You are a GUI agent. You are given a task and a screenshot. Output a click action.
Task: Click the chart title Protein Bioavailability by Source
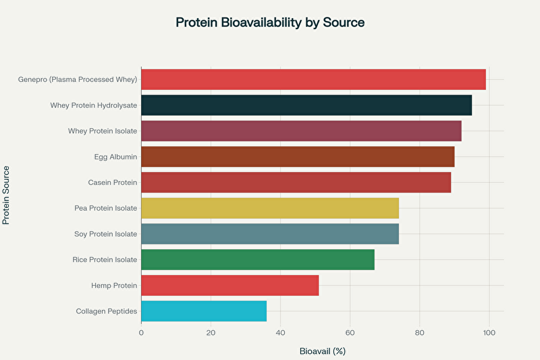click(270, 22)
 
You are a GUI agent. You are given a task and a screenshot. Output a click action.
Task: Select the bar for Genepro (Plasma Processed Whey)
click(313, 80)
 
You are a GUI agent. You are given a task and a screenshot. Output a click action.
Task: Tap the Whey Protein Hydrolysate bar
click(306, 105)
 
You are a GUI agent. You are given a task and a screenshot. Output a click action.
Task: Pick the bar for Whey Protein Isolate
click(301, 131)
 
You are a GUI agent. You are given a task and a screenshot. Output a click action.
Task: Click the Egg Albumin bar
click(298, 157)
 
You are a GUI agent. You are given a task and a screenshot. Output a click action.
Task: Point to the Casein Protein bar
click(296, 182)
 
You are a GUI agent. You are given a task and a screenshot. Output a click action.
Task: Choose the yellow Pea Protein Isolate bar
click(270, 208)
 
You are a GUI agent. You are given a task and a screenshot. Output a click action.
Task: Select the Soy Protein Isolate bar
click(270, 234)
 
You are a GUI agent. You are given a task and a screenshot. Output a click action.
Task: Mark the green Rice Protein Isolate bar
click(258, 259)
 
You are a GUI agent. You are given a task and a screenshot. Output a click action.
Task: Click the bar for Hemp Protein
click(230, 285)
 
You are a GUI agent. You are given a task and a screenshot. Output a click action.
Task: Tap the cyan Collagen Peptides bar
click(204, 311)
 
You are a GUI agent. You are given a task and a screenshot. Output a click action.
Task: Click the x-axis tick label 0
click(141, 332)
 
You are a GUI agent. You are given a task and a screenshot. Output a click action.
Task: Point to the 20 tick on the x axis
click(211, 332)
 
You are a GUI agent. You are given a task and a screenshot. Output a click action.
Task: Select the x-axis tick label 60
click(350, 332)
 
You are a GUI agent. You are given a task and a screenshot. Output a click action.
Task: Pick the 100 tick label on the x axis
click(489, 332)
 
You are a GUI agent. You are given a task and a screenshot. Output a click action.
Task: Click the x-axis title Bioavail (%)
click(322, 351)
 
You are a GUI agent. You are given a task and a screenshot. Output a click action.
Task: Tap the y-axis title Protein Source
click(7, 195)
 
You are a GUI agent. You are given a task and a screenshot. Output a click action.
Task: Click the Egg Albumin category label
click(116, 157)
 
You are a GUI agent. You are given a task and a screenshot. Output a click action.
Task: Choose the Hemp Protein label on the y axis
click(114, 285)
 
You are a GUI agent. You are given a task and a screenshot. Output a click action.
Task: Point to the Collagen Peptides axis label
click(107, 311)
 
